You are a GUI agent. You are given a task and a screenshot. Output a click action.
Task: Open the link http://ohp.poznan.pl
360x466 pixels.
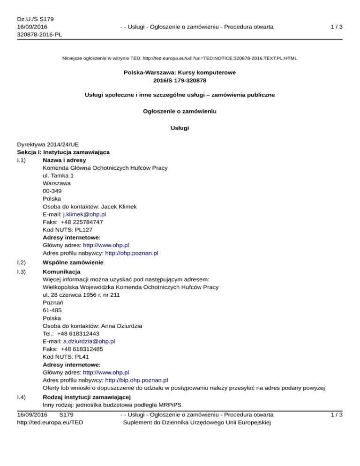coord(132,253)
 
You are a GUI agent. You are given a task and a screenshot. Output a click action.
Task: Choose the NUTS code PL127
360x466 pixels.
coord(89,230)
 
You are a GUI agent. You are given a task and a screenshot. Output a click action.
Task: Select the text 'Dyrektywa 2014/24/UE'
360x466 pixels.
coord(45,145)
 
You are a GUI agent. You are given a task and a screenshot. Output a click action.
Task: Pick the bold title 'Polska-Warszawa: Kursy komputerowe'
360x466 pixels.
coord(180,73)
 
